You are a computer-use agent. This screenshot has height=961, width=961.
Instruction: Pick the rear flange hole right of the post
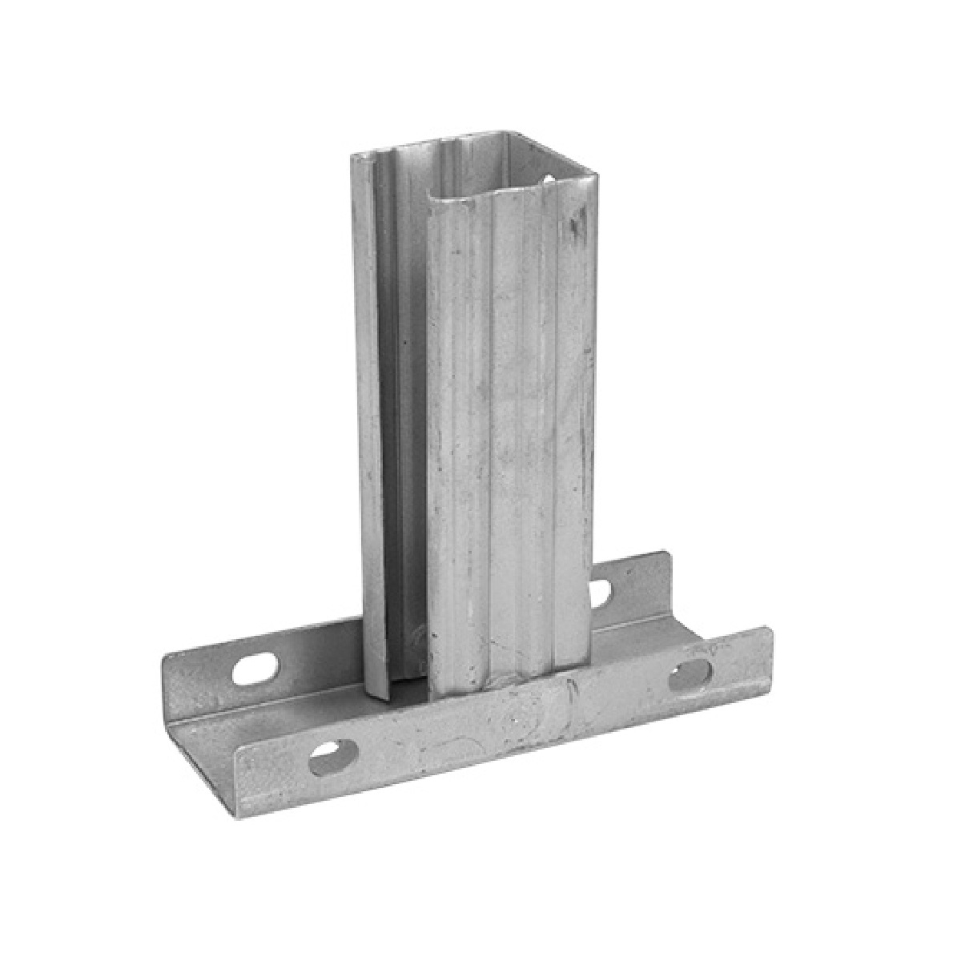tap(600, 591)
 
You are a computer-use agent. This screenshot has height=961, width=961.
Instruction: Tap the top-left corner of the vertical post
tap(353, 157)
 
